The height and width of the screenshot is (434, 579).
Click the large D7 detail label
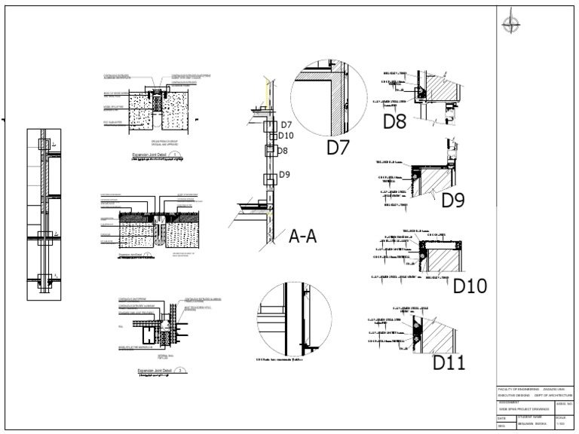tap(338, 148)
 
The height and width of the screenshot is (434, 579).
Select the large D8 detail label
tap(395, 121)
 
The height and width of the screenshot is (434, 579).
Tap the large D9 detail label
tap(453, 200)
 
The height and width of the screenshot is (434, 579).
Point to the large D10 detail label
tap(470, 286)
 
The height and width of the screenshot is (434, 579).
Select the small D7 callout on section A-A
tap(285, 126)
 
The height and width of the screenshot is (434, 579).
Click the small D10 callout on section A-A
tap(286, 136)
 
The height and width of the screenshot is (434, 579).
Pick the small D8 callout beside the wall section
tap(283, 151)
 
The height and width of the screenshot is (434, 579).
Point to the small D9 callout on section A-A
tap(284, 176)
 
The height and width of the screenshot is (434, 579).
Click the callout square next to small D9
tap(270, 179)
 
